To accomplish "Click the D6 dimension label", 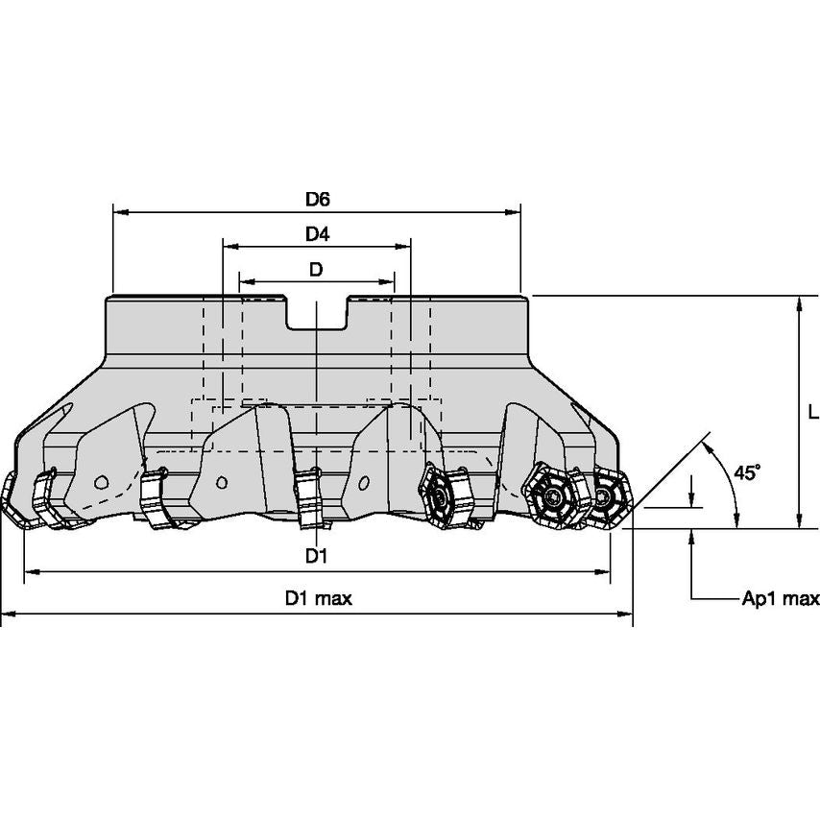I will coord(318,200).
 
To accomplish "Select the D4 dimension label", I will coord(318,234).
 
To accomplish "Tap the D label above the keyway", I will coord(316,270).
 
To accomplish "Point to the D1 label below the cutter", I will coord(317,556).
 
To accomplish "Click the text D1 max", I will coord(318,598).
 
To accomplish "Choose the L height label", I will coord(811,413).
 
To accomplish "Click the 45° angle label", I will coord(746,472).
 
